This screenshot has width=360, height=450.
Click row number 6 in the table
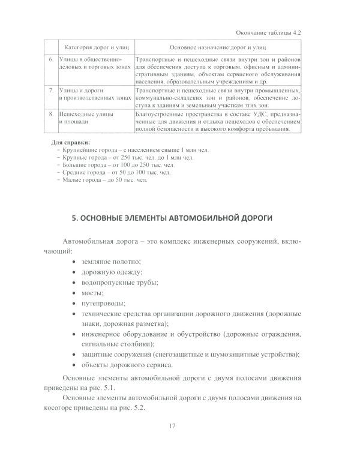pos(51,60)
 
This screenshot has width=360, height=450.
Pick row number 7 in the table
pos(51,89)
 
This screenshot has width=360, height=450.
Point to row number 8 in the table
pos(51,112)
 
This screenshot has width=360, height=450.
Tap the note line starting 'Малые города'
pos(103,179)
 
